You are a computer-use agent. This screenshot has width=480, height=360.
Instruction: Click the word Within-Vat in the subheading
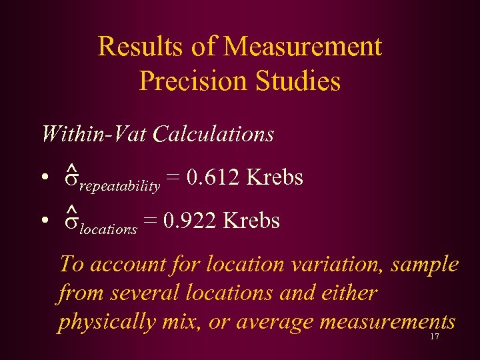[x=93, y=134]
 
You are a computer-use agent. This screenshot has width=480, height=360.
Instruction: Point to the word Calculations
[x=213, y=134]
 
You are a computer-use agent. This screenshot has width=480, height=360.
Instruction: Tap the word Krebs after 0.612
[x=275, y=178]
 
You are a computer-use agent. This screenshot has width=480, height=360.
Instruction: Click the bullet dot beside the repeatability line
[x=44, y=179]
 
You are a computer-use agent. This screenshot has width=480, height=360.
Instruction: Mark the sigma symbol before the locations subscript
[x=71, y=223]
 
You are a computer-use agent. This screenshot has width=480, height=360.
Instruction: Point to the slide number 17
[x=435, y=337]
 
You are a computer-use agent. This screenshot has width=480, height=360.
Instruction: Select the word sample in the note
[x=425, y=264]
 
